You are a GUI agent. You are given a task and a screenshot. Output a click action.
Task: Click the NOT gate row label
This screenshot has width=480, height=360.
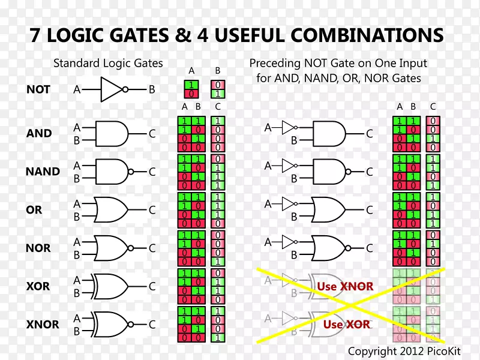[38, 89]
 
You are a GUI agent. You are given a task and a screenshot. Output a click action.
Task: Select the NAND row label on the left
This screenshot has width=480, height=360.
[43, 172]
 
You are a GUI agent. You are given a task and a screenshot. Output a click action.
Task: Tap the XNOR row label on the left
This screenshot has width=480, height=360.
[43, 325]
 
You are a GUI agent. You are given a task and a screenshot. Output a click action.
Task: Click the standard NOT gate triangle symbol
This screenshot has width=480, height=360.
[112, 89]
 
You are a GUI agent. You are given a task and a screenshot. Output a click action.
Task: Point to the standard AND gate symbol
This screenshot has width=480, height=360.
[112, 133]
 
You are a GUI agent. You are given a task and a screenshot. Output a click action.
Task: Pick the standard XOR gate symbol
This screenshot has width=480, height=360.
[110, 286]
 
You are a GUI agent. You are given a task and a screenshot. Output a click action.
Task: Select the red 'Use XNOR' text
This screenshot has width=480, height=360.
[345, 286]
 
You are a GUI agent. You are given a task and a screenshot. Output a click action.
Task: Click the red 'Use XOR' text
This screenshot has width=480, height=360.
[347, 325]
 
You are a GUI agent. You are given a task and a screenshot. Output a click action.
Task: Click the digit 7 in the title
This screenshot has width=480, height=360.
[36, 35]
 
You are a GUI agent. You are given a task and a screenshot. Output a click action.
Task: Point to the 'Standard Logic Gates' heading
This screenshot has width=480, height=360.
[108, 63]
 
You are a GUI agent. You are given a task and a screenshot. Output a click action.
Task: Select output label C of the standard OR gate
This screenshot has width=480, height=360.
[152, 210]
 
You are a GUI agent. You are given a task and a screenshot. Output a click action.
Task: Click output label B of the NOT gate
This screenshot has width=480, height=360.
[152, 89]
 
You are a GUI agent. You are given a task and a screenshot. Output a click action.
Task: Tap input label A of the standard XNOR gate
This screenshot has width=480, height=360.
[77, 318]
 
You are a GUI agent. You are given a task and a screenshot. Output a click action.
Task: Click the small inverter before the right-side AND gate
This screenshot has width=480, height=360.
[289, 127]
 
